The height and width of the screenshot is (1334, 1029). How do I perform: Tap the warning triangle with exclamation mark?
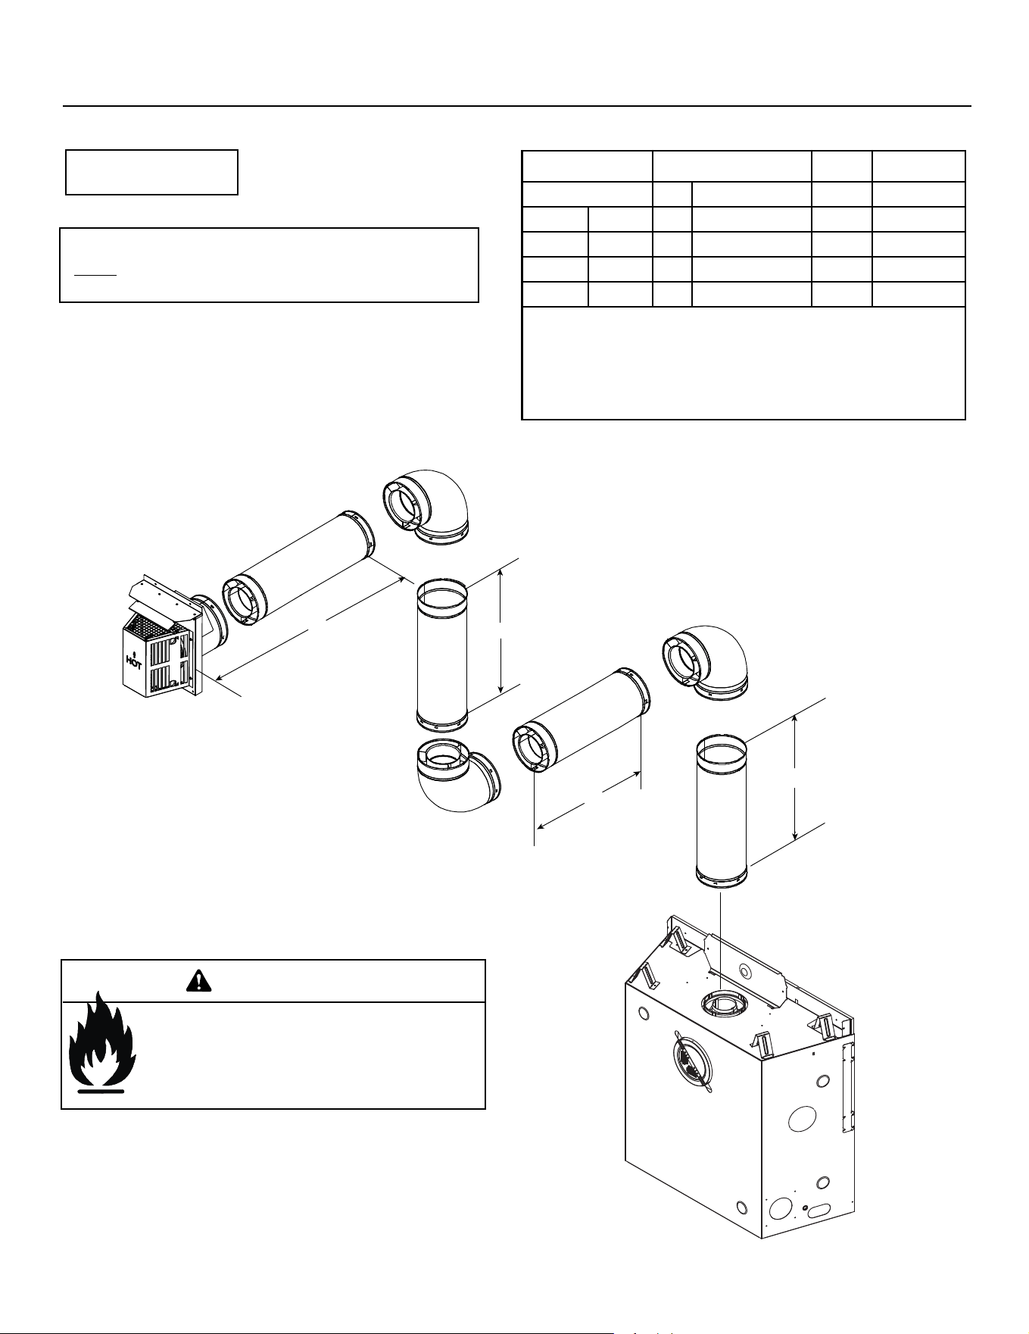click(197, 981)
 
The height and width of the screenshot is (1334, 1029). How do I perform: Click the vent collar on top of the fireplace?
click(722, 1005)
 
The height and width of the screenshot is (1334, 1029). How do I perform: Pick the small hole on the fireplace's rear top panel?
click(745, 971)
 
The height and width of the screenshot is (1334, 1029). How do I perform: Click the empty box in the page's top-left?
click(152, 172)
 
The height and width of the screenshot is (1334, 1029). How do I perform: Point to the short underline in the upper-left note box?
click(95, 275)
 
